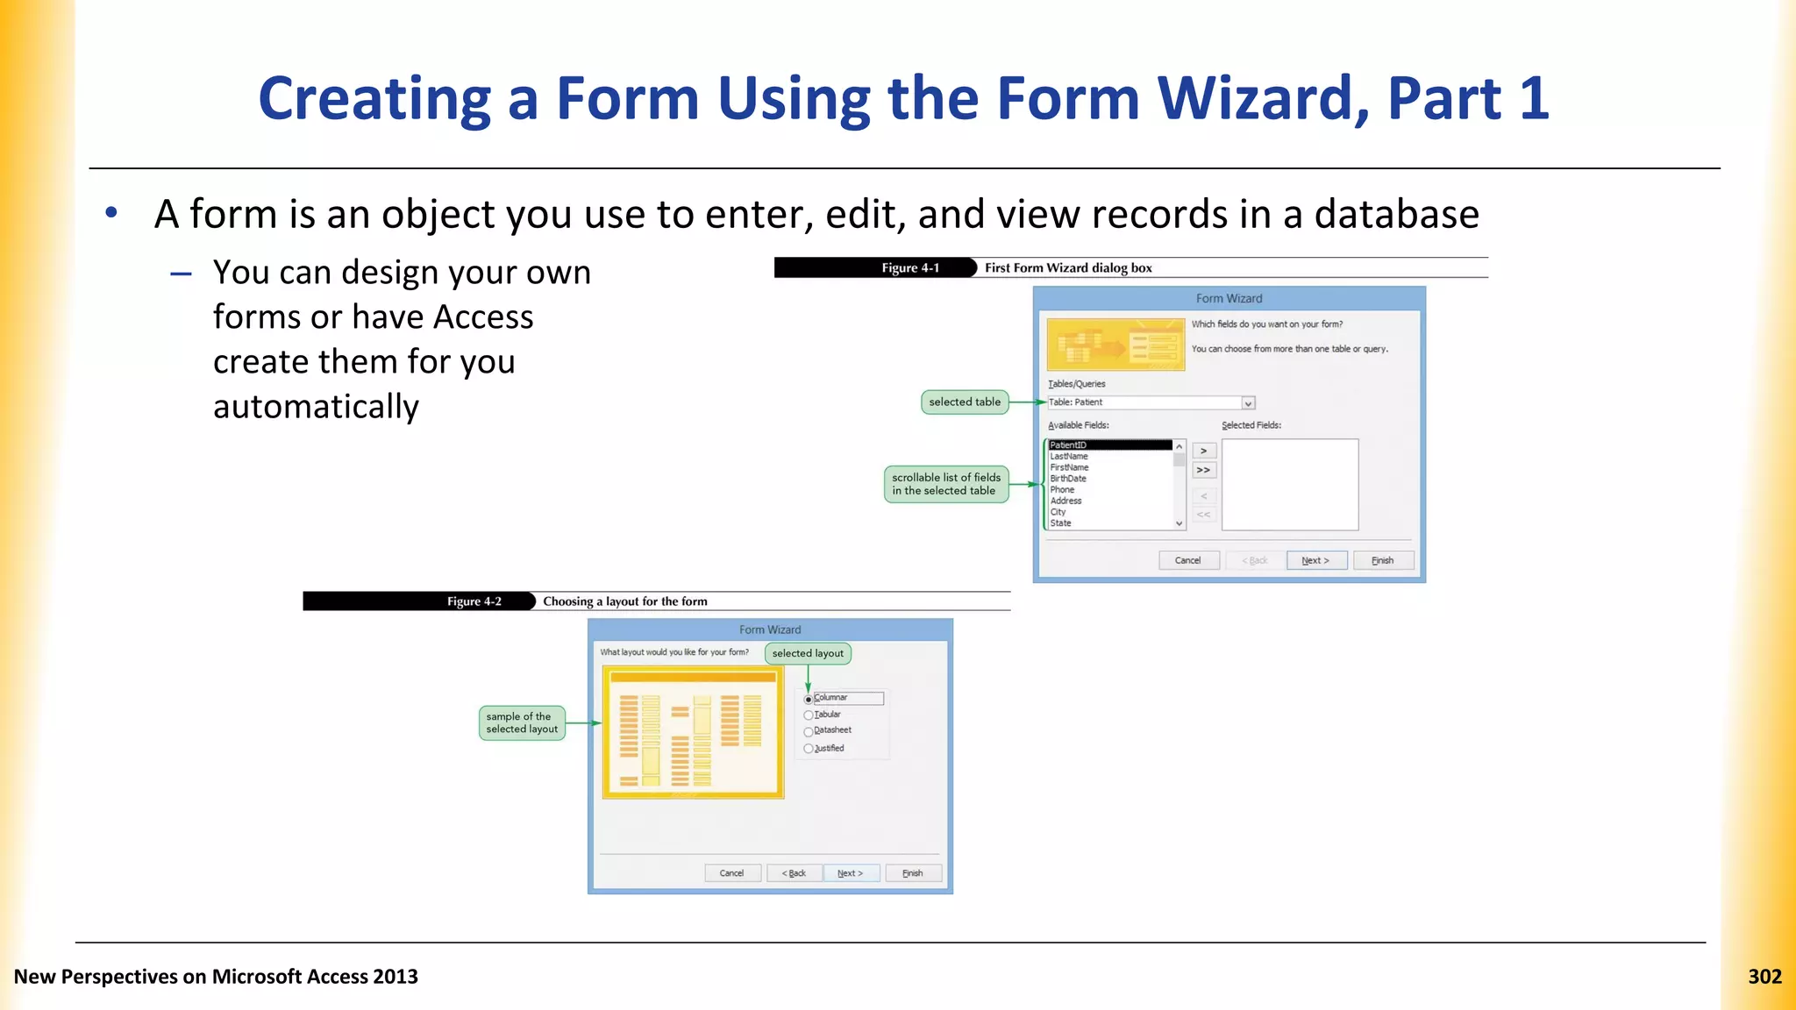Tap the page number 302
click(x=1764, y=977)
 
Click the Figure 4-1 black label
click(x=909, y=268)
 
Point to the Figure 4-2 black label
click(x=474, y=601)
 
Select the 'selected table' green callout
click(x=964, y=402)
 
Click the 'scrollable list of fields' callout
click(x=945, y=484)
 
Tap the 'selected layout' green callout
click(x=807, y=653)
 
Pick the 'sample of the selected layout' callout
click(x=521, y=723)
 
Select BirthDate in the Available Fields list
click(x=1068, y=479)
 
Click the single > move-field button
click(x=1204, y=451)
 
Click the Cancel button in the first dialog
click(x=1187, y=560)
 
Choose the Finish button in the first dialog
click(x=1382, y=560)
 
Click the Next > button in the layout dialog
click(x=850, y=873)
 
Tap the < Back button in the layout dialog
click(x=794, y=873)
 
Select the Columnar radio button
click(x=809, y=700)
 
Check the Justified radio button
click(x=809, y=749)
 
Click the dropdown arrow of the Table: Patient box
click(x=1248, y=403)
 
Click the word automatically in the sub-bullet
click(x=316, y=407)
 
